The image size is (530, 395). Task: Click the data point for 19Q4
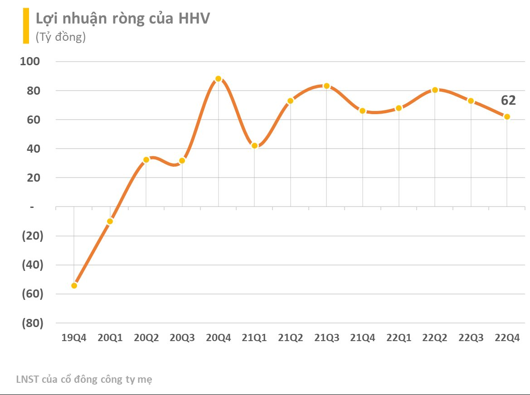[74, 285]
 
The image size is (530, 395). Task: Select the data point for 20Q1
[110, 221]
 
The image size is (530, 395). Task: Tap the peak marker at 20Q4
[218, 78]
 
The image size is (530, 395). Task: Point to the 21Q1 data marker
[254, 145]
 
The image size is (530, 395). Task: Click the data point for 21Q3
[326, 86]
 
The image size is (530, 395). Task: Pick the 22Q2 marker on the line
[435, 90]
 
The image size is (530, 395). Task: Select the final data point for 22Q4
[507, 116]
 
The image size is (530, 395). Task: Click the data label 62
[508, 100]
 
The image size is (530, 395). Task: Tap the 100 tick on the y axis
[30, 62]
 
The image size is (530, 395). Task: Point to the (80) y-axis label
[32, 323]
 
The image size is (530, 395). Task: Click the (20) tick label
[32, 236]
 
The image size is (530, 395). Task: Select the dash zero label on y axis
[32, 207]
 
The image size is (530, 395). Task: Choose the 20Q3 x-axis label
[182, 338]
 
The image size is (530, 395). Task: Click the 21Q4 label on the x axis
[363, 338]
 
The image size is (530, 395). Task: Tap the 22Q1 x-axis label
[399, 338]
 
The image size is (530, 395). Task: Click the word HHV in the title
[194, 19]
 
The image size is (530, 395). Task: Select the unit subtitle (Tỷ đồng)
[61, 37]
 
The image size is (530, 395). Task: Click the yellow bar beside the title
[26, 26]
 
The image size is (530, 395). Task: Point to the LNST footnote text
[84, 380]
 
